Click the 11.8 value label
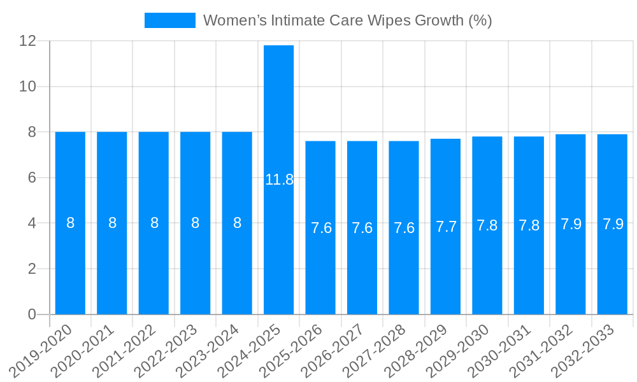pos(279,180)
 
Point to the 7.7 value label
pos(446,227)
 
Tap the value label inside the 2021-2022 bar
pos(154,223)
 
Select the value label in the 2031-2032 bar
pos(571,224)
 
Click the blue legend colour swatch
pos(170,20)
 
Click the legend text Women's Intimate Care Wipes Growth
pos(347,20)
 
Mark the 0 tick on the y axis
pos(32,315)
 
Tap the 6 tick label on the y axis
pos(32,178)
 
